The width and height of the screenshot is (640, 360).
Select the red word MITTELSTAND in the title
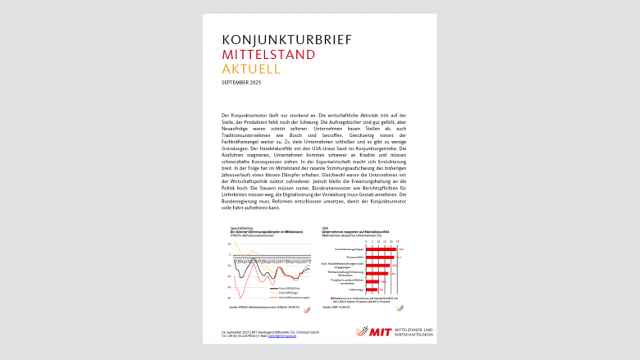[x=268, y=55]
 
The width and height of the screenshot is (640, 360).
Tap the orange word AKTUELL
[x=250, y=70]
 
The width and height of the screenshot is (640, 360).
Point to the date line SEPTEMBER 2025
[x=245, y=83]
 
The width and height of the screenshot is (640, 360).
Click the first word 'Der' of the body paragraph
[x=226, y=116]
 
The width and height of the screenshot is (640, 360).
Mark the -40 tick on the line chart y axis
[x=229, y=298]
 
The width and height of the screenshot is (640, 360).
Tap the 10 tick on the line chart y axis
[x=230, y=244]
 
